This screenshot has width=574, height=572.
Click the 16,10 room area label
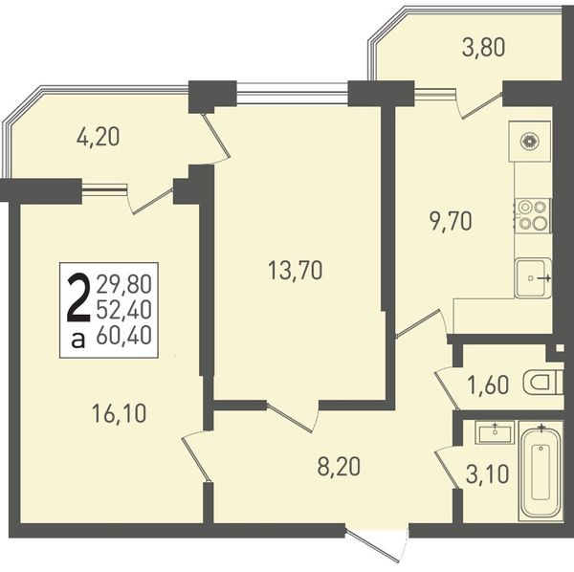[x=119, y=414]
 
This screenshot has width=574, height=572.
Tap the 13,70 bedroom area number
[x=295, y=271]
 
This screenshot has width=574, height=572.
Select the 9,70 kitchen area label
[x=451, y=221]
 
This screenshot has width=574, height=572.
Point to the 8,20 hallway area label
[x=339, y=467]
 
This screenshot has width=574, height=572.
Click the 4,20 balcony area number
[x=98, y=137]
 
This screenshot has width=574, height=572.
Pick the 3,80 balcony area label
[x=483, y=48]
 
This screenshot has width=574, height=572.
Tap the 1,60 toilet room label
[x=489, y=385]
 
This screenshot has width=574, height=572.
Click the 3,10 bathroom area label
[x=488, y=474]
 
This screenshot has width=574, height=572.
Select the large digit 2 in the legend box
[x=78, y=299]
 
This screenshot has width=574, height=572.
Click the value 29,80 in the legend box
[x=123, y=284]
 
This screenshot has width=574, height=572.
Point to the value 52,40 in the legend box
[x=123, y=310]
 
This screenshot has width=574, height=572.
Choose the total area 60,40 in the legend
[x=123, y=335]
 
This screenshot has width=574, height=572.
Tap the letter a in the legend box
[x=78, y=341]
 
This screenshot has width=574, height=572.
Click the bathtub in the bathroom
[x=541, y=472]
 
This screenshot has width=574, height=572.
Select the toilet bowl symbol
[x=541, y=382]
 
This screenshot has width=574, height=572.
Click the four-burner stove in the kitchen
[x=533, y=215]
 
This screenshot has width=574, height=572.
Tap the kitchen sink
[x=533, y=278]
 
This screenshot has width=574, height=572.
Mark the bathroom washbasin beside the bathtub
[x=495, y=432]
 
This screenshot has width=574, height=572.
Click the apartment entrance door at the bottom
[x=376, y=545]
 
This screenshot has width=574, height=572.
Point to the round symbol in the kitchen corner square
[x=529, y=142]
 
